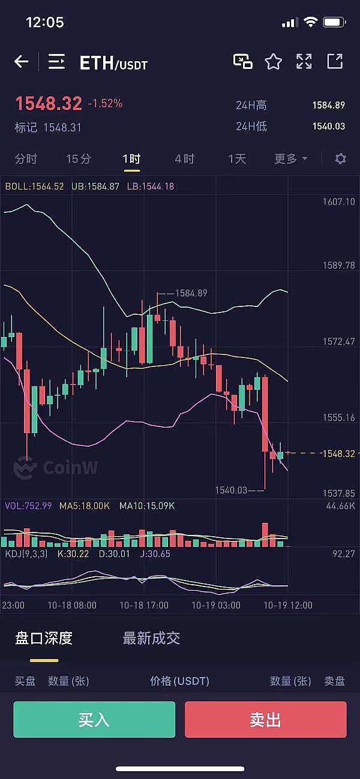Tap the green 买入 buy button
(94, 719)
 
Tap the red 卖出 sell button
(265, 719)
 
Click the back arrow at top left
(22, 61)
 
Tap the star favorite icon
(274, 61)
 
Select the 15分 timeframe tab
(79, 159)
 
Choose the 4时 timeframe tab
(184, 159)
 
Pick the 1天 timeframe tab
(237, 159)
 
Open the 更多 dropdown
(290, 159)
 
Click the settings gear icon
(341, 159)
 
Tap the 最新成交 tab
(151, 638)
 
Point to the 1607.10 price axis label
(339, 201)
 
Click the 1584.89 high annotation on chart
(191, 293)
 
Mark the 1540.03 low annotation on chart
(232, 491)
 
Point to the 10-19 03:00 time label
(216, 606)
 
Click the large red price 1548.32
(49, 104)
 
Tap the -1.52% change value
(105, 104)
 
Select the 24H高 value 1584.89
(328, 105)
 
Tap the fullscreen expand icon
(304, 61)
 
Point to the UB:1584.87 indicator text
(95, 187)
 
